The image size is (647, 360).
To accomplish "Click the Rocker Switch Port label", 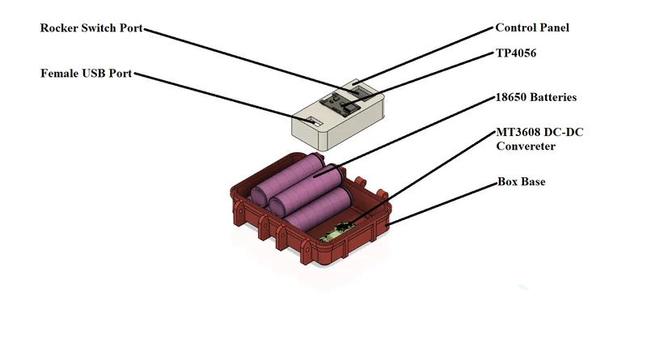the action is (91, 28).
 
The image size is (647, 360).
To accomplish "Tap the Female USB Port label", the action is (87, 74).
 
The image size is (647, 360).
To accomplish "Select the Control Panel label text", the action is (532, 28).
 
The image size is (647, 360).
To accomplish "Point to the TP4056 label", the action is (516, 53).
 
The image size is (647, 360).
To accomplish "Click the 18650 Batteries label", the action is (536, 97).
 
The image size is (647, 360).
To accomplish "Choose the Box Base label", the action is (521, 182).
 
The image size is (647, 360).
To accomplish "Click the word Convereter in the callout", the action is (526, 146).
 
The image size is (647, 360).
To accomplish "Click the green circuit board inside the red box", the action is (337, 233).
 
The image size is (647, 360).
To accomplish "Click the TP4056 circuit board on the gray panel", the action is (340, 104).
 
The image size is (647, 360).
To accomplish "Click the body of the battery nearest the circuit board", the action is (319, 210).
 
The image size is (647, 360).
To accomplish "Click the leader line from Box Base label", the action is (442, 205).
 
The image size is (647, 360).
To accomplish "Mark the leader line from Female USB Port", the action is (224, 98).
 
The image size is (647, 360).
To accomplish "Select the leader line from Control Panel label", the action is (423, 56).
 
